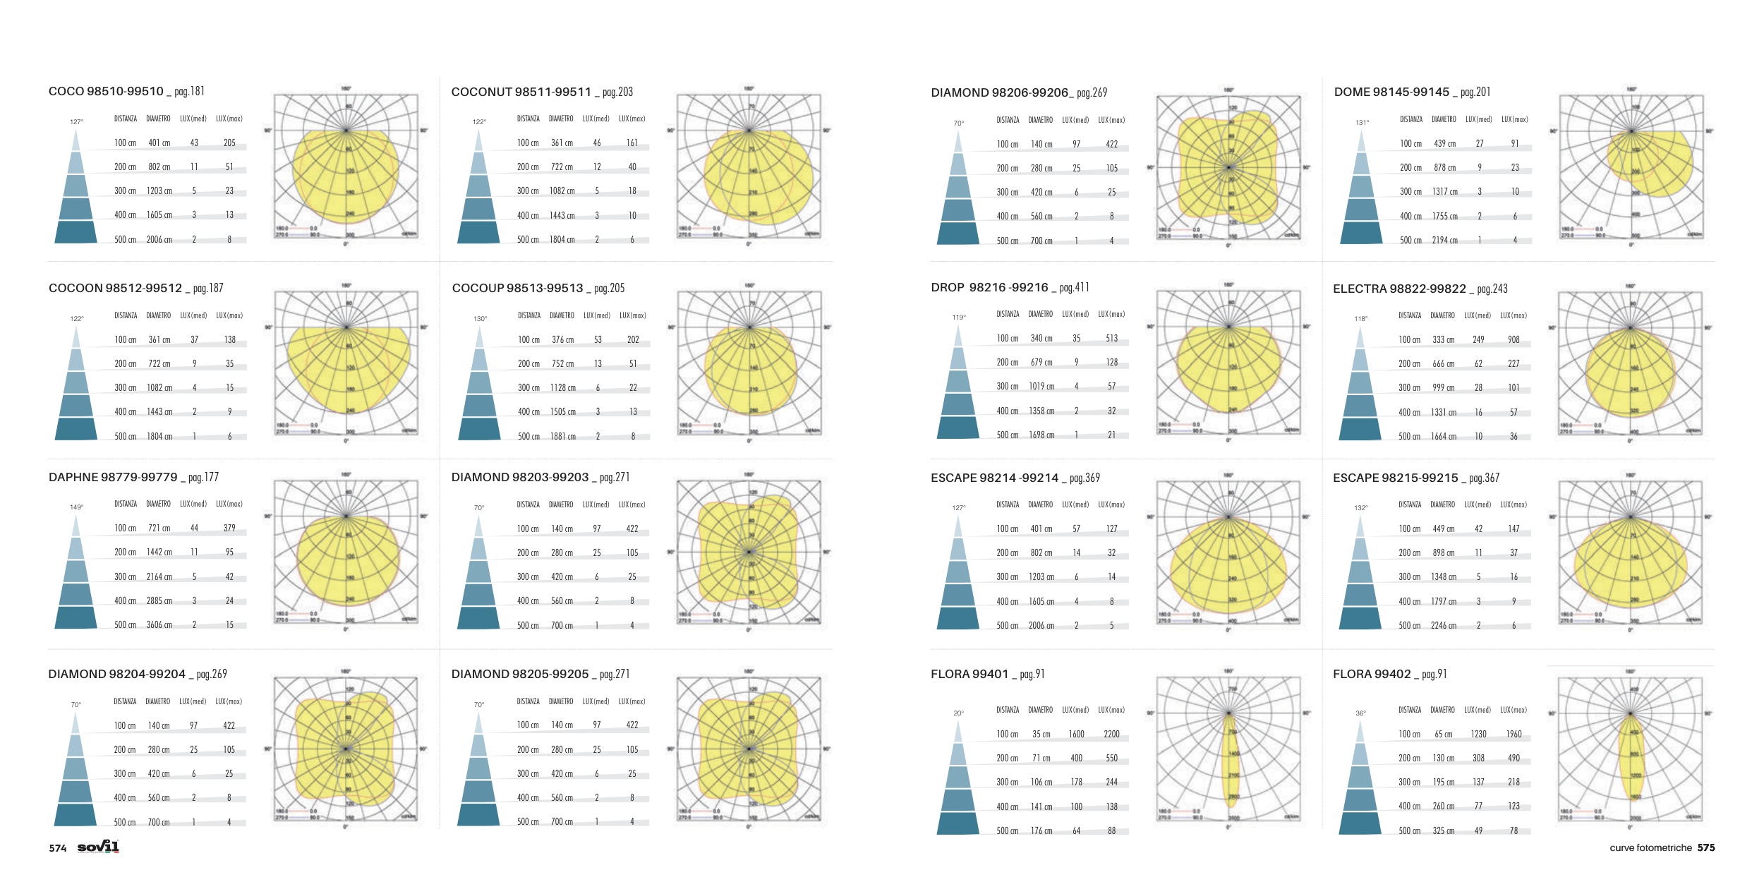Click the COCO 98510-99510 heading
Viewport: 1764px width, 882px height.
click(x=106, y=92)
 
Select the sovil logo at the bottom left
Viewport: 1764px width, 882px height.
click(x=98, y=847)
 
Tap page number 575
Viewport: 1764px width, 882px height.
click(x=1706, y=847)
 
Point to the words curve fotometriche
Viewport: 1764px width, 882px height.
click(x=1650, y=848)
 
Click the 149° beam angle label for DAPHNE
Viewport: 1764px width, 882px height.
click(x=76, y=507)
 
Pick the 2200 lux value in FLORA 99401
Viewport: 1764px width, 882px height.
click(x=1111, y=735)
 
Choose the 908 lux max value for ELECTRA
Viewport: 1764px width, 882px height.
click(x=1514, y=340)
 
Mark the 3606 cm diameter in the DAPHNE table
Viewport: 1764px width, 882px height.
click(x=159, y=625)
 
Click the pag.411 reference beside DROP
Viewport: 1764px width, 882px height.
click(x=1074, y=288)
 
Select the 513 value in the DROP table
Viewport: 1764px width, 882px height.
click(x=1111, y=339)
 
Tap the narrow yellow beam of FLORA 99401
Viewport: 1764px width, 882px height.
click(x=1230, y=762)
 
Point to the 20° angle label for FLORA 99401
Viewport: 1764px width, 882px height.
click(x=958, y=713)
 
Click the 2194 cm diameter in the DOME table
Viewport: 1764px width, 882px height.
click(x=1444, y=241)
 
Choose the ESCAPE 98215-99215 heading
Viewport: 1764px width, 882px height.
click(x=1395, y=478)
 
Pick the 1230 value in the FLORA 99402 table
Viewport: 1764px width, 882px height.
click(x=1478, y=735)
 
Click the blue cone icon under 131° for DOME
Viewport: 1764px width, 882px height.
click(x=1361, y=191)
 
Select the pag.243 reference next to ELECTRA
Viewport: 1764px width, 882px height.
click(x=1492, y=289)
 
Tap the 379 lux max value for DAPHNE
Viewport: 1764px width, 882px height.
click(x=229, y=528)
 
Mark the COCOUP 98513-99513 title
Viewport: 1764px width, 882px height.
click(x=517, y=289)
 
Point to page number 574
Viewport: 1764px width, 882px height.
click(x=58, y=848)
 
